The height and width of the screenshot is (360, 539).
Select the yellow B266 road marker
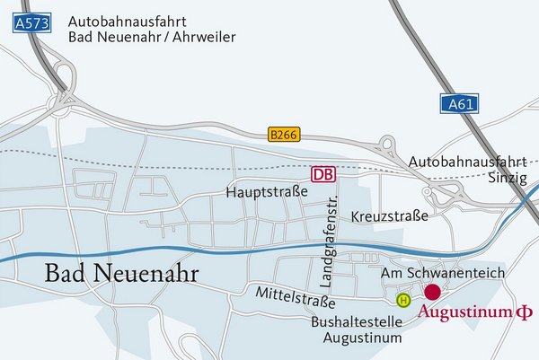(284, 135)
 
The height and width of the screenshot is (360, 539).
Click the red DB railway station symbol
(323, 174)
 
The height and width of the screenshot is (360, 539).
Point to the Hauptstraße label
(267, 192)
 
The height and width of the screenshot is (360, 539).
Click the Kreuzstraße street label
(390, 217)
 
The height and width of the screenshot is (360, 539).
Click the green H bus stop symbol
(403, 300)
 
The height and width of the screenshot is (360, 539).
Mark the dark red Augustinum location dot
(432, 292)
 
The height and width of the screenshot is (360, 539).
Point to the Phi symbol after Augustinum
(523, 313)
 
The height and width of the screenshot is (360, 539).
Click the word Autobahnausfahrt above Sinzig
(464, 162)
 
